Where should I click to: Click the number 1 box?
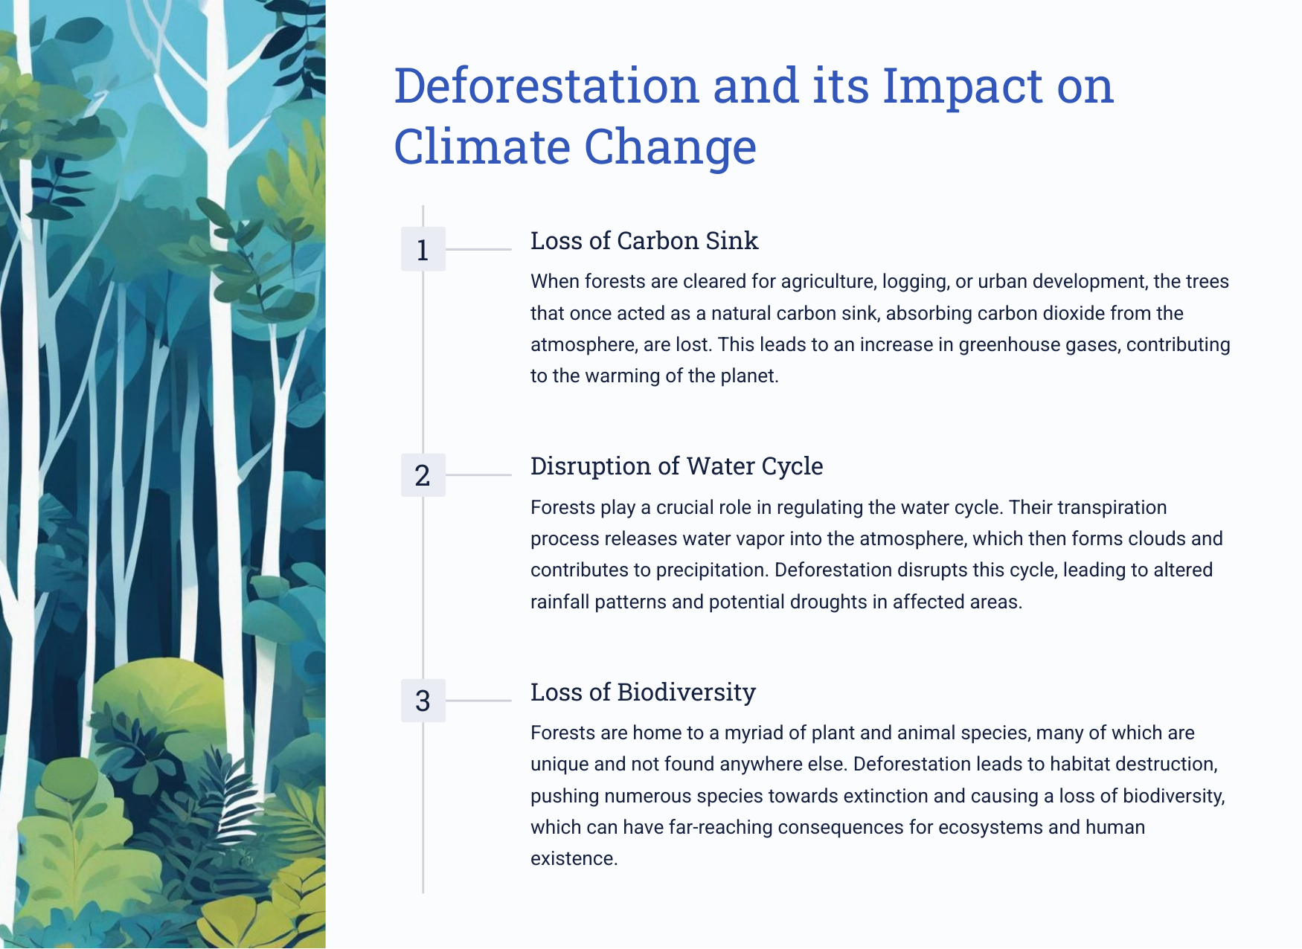423,249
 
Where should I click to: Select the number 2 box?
423,474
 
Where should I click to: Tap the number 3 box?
423,701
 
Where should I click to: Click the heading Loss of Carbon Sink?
644,241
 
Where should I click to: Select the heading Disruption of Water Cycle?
677,466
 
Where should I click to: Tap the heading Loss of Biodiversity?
643,692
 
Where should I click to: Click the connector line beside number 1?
478,249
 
